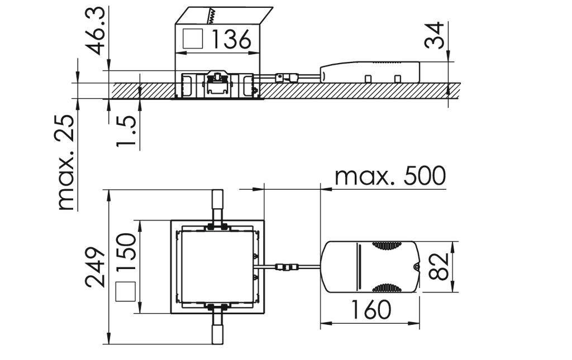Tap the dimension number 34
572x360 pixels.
pyautogui.click(x=437, y=35)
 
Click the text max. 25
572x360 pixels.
pyautogui.click(x=67, y=162)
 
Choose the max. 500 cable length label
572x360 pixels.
pyautogui.click(x=390, y=176)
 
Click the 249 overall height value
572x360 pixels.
pyautogui.click(x=96, y=266)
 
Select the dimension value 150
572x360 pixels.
pyautogui.click(x=126, y=252)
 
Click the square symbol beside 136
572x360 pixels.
pyautogui.click(x=192, y=39)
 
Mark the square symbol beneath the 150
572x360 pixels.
pyautogui.click(x=126, y=292)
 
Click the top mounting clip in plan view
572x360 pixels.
pyautogui.click(x=217, y=207)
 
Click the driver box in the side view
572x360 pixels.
pyautogui.click(x=369, y=71)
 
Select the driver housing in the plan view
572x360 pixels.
pyautogui.click(x=371, y=266)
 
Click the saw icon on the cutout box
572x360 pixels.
pyautogui.click(x=212, y=16)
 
